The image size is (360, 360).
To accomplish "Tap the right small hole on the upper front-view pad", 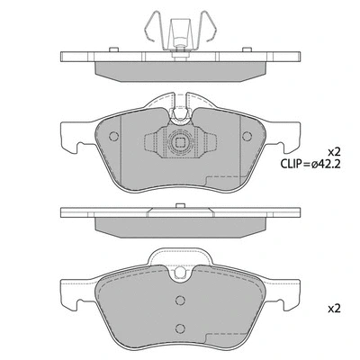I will pos(248,137).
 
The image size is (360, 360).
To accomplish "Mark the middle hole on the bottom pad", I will pos(180,303).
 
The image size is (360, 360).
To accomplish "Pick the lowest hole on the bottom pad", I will pos(180,327).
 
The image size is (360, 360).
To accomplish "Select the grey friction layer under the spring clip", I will pos(180,69).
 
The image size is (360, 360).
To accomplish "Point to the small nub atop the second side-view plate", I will pos(180,204).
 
